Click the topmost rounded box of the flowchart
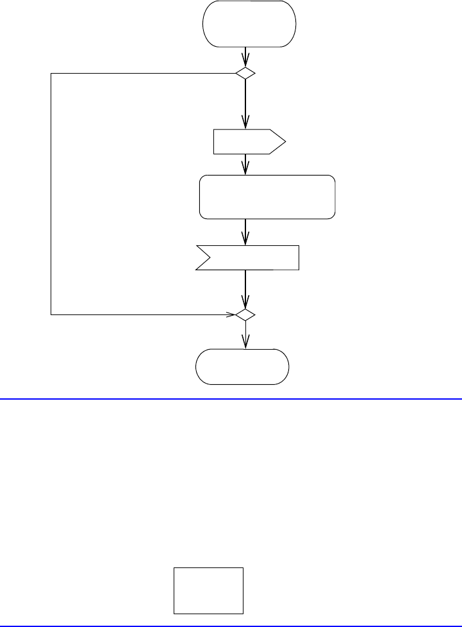click(249, 24)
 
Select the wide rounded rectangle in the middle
click(267, 197)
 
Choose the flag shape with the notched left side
click(250, 257)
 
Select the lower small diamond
click(245, 315)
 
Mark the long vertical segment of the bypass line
click(51, 192)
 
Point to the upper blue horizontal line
click(231, 398)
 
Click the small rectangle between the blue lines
click(208, 590)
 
